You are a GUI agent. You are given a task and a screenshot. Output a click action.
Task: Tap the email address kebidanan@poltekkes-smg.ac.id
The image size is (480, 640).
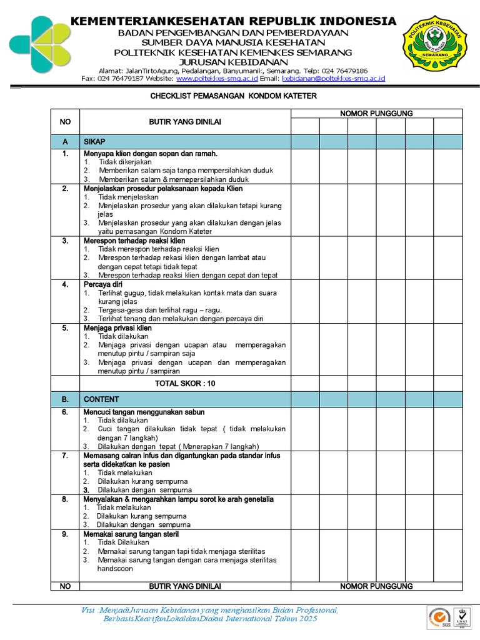coord(333,79)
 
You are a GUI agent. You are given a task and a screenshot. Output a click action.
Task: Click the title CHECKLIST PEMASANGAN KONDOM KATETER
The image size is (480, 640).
coord(234,96)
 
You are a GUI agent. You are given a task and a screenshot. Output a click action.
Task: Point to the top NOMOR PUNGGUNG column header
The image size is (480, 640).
coord(376,113)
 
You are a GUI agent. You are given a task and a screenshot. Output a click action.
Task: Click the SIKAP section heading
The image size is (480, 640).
coord(95,142)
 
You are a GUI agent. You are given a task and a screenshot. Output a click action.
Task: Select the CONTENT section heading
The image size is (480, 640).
coord(101,399)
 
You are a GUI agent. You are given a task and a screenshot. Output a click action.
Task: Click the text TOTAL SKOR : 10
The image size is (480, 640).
coord(185,383)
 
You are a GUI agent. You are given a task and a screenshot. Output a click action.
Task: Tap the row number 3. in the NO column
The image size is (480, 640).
coord(65,241)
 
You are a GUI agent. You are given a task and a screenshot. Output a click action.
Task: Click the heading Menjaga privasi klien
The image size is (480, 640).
coord(117,328)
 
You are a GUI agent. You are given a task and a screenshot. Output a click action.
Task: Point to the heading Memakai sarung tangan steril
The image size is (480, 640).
coord(131,534)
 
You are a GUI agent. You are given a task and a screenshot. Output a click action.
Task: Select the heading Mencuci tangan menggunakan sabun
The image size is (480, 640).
coord(144,412)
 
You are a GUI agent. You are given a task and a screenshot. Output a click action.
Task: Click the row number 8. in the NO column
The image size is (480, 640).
coord(65,499)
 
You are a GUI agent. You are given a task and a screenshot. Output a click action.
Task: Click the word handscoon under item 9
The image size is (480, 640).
coord(115,569)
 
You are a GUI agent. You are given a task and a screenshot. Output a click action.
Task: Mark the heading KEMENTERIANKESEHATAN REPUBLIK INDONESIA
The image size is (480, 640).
coord(234,21)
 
